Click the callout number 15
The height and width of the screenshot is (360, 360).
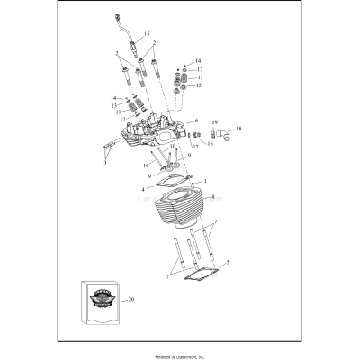tap(148, 33)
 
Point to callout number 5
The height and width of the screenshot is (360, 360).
tap(212, 263)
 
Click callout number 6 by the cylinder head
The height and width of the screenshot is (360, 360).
tap(196, 120)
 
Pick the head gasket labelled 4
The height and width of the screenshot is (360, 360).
tap(170, 188)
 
